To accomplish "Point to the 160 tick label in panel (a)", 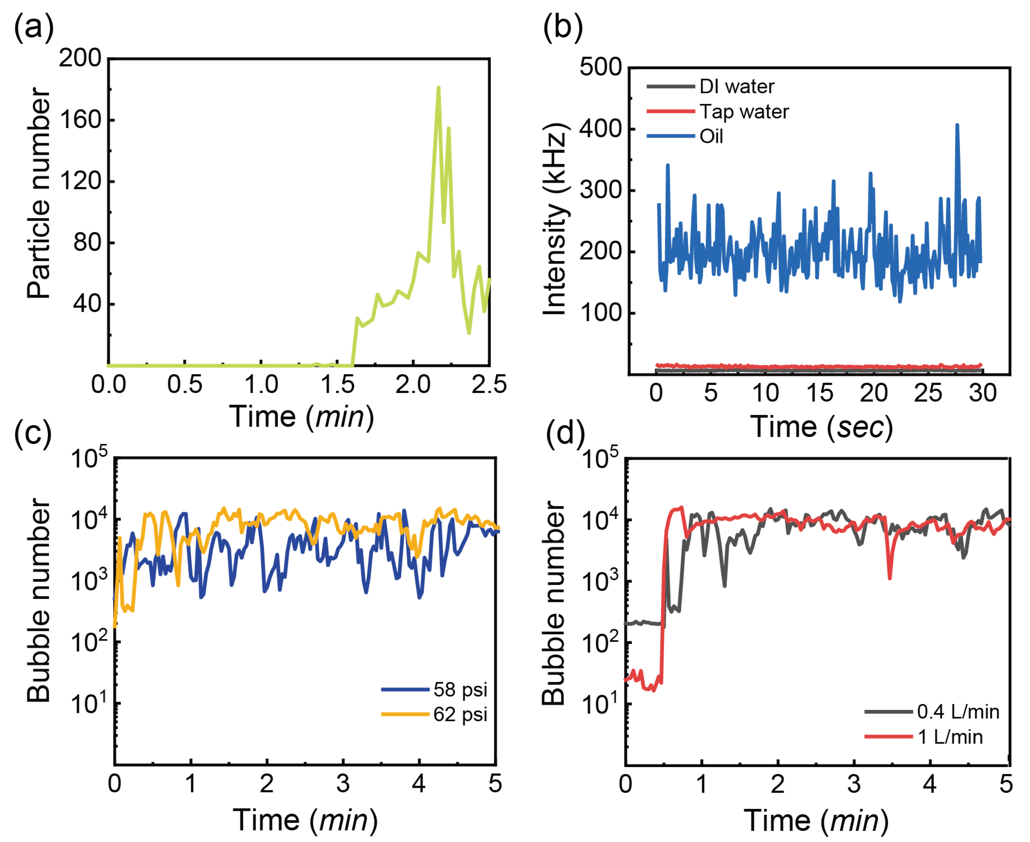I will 80,120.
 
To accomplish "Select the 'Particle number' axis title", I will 39,193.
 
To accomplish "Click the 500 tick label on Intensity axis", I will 600,67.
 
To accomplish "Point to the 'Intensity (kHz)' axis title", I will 554,219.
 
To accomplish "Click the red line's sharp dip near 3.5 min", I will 889,577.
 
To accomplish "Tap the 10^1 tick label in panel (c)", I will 90,704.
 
